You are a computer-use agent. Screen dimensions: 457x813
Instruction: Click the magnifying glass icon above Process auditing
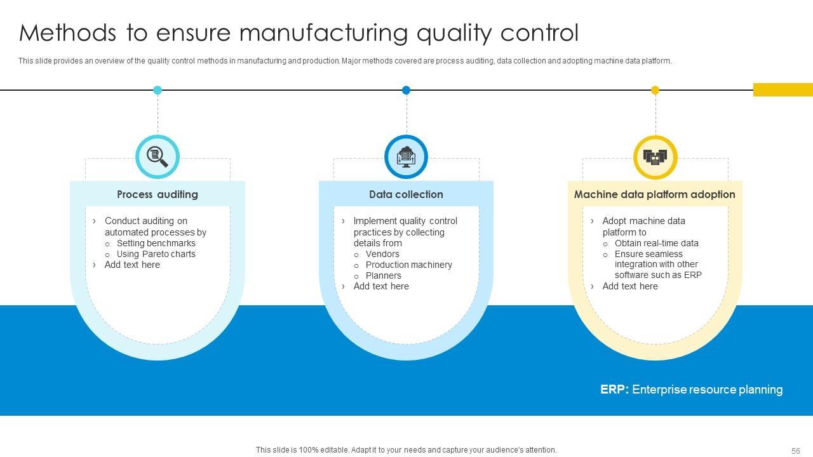pos(158,156)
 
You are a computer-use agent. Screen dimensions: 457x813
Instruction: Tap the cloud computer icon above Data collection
pos(406,156)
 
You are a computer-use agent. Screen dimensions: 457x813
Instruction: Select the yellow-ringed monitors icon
pos(655,157)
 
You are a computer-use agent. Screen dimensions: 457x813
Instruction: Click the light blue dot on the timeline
pos(158,90)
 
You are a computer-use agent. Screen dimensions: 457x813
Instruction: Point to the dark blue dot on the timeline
pos(406,90)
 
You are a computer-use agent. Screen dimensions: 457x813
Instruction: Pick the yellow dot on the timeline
pos(655,90)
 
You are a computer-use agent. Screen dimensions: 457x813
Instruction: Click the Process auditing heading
pos(158,194)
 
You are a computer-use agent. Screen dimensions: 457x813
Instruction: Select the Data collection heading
pos(406,194)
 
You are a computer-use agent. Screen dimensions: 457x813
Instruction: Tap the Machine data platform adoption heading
pos(654,194)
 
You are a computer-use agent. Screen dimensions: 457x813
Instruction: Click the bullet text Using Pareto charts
pos(156,254)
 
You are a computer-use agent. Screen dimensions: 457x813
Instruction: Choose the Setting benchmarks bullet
pos(156,243)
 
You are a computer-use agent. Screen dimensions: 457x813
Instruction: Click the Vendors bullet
pos(382,254)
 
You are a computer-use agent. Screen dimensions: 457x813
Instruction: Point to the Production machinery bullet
pos(408,265)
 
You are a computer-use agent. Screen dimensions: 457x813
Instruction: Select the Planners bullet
pos(383,275)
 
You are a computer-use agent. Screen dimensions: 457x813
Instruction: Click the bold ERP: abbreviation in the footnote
pos(614,390)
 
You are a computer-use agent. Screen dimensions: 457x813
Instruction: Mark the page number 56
pos(795,451)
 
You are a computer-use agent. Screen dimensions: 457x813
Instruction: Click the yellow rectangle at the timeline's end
pos(783,90)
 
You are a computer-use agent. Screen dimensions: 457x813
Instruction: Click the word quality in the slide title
pos(454,33)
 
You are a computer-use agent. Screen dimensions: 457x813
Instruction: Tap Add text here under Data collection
pos(381,286)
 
